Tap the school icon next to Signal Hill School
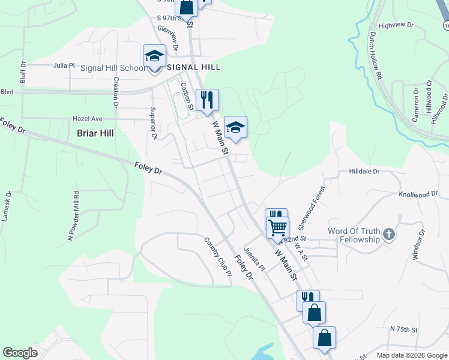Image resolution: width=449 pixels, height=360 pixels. click(154, 56)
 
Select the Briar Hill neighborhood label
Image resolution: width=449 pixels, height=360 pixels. click(95, 133)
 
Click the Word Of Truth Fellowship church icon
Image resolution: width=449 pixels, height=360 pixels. click(388, 234)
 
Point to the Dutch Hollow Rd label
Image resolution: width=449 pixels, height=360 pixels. click(376, 56)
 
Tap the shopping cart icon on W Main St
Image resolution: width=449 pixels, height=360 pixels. click(278, 228)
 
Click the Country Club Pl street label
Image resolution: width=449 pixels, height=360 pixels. click(217, 256)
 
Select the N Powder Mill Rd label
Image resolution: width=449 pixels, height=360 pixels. click(74, 216)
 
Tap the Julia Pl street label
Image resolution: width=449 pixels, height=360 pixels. click(64, 65)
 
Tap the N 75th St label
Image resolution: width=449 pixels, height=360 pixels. click(403, 329)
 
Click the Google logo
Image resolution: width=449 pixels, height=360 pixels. click(20, 353)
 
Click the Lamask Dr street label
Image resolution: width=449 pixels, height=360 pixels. click(7, 207)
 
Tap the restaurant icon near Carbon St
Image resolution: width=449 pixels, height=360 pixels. click(207, 100)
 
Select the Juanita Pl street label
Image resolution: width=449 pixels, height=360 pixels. click(253, 259)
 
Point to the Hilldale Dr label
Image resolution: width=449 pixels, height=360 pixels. click(364, 171)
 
